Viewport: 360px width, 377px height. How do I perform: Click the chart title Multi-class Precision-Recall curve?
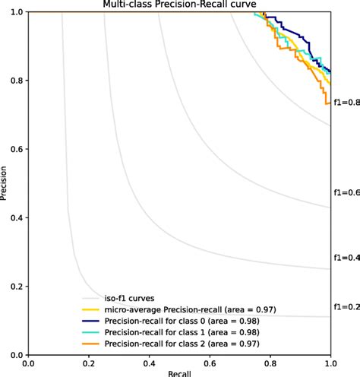[179, 5]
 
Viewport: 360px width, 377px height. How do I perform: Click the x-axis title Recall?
[179, 372]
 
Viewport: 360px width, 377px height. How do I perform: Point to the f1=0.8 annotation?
[345, 102]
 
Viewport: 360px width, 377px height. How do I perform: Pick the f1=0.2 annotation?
[345, 307]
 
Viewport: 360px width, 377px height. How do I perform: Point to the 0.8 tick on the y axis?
[15, 81]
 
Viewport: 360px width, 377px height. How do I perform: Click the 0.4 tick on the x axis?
[150, 363]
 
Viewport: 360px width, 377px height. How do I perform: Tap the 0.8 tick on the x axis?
[270, 363]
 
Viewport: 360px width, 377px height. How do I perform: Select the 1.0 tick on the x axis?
[330, 363]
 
